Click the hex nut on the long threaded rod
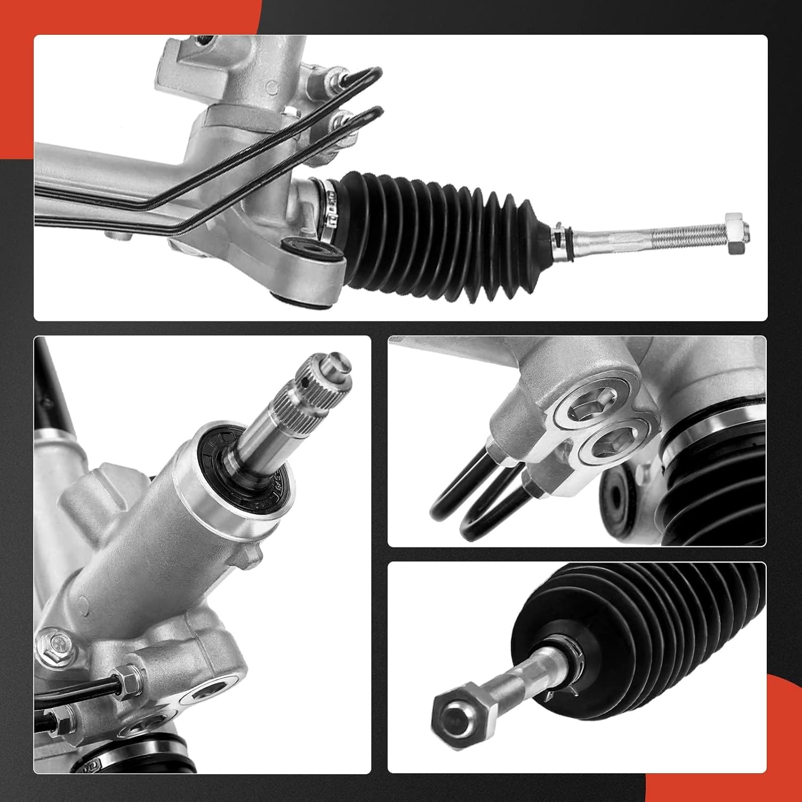coord(736,234)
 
